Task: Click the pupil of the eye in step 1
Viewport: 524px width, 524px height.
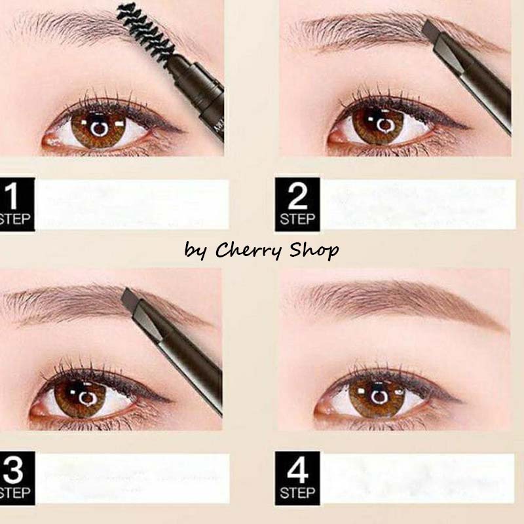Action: point(99,128)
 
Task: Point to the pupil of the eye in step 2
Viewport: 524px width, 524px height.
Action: point(385,125)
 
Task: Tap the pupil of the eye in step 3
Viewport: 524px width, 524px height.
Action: point(87,398)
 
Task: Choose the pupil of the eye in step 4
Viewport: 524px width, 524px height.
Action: point(379,397)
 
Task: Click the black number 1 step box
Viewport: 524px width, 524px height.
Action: point(17,204)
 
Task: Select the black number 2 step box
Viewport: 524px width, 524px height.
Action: point(297,204)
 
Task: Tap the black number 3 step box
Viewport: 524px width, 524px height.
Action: point(17,478)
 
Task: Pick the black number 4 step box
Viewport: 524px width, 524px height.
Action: point(297,478)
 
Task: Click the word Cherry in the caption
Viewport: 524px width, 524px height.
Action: point(248,250)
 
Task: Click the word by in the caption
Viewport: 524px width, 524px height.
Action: point(195,251)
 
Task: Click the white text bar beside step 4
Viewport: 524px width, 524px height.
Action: point(417,478)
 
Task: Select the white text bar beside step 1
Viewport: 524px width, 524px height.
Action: point(132,204)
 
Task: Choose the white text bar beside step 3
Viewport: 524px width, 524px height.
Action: point(132,478)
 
